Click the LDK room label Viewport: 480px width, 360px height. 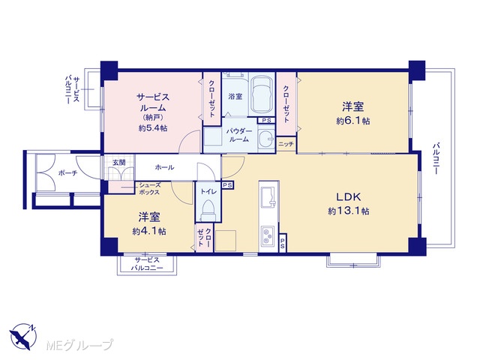click(349, 196)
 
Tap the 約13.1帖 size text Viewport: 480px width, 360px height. click(348, 211)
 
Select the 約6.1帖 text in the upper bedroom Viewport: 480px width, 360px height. click(353, 121)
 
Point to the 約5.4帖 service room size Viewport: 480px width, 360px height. click(153, 128)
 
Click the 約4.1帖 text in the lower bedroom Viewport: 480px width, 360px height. click(149, 231)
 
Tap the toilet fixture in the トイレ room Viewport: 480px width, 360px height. click(208, 210)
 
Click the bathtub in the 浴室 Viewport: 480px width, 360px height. click(262, 94)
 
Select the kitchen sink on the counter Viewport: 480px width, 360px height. click(268, 196)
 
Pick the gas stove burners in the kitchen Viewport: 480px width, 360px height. click(268, 235)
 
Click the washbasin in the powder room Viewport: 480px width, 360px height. click(265, 139)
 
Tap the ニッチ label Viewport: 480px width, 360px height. click(286, 144)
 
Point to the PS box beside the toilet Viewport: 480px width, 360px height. click(227, 185)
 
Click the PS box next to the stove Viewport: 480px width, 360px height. click(283, 243)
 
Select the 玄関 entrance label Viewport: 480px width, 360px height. click(118, 162)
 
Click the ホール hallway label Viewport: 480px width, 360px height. click(165, 167)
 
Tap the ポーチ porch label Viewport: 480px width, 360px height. click(67, 173)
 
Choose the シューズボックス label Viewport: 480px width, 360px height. click(149, 188)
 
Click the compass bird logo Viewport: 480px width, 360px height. click(23, 337)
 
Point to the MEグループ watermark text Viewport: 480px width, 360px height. click(79, 345)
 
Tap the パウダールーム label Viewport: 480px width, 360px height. click(239, 135)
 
